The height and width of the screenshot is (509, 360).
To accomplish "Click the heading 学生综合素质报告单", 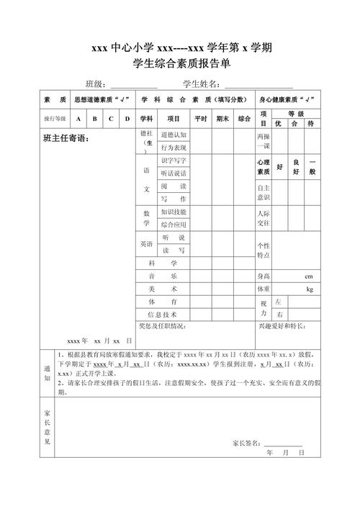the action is click(180, 65).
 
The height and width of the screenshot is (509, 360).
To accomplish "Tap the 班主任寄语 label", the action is click(66, 138).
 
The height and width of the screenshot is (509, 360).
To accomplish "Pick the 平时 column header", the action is click(200, 119).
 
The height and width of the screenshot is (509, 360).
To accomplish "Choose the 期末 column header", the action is click(223, 119).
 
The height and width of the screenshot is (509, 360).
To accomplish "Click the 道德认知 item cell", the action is click(174, 135).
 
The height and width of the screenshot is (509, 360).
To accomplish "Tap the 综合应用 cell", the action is click(174, 225).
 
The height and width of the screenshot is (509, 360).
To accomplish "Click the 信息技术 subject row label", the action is click(162, 315).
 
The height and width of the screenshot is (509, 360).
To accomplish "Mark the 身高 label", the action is click(264, 276).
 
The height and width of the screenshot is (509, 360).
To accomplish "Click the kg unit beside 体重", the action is click(310, 289).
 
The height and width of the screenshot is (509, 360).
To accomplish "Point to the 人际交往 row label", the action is click(264, 218).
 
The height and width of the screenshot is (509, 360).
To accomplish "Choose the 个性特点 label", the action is click(264, 251).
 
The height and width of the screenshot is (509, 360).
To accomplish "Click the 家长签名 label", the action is click(248, 442).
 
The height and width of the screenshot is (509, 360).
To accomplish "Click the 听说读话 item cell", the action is click(174, 174).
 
